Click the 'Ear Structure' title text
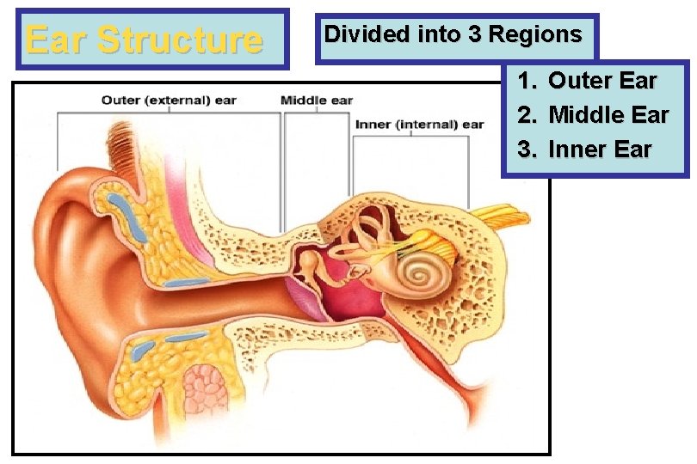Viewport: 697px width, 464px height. click(144, 40)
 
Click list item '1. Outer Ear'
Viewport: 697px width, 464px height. click(587, 82)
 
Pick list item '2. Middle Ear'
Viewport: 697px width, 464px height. click(593, 115)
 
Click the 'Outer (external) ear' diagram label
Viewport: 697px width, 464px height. click(169, 101)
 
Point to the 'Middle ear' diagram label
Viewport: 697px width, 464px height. click(317, 101)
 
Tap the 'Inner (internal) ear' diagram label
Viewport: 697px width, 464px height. click(419, 125)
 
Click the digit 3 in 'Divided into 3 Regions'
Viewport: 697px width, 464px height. click(475, 34)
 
